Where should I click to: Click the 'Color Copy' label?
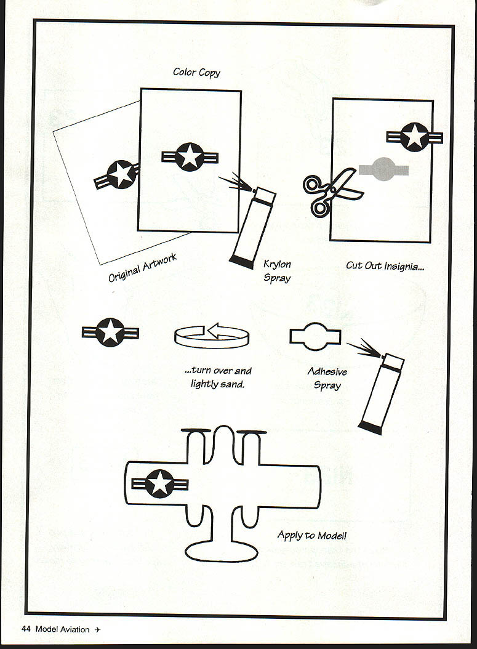point(196,73)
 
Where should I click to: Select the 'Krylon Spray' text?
point(277,271)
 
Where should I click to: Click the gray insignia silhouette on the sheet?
point(383,169)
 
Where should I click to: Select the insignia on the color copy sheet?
point(190,156)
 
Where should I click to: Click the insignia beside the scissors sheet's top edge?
point(415,137)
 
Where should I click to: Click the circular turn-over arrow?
point(212,336)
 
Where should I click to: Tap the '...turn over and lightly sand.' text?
point(218,377)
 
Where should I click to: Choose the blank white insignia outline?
point(315,336)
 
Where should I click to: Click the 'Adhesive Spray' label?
point(327,379)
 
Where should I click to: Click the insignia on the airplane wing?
point(160,483)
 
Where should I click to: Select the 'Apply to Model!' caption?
point(311,534)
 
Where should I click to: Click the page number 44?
point(26,629)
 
